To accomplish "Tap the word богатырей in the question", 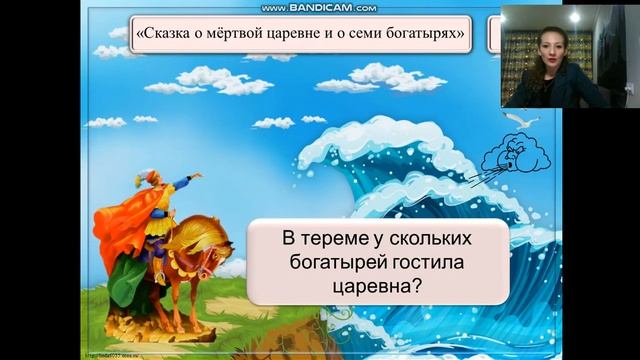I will click(x=321, y=264).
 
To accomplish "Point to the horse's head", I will click(x=216, y=251).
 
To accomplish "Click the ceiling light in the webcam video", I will click(x=576, y=17).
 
